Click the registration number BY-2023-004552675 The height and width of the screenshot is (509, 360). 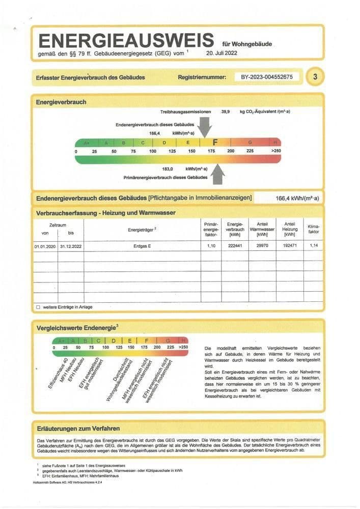pos(267,77)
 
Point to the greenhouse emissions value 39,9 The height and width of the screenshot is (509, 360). pos(226,111)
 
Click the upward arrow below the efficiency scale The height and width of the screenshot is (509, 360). pos(218,173)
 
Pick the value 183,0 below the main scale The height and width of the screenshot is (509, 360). pos(168,168)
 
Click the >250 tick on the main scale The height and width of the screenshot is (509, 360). pos(275,152)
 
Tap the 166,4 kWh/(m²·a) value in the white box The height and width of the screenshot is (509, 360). pos(297,199)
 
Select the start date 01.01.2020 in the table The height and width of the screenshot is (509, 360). pos(45,246)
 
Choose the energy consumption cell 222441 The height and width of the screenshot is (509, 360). pos(235,246)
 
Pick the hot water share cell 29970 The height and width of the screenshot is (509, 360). pos(262,246)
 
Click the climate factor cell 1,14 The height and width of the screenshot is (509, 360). pos(313,246)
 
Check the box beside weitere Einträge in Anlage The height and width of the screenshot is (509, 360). pos(38,307)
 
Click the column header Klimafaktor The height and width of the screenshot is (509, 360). pos(313,229)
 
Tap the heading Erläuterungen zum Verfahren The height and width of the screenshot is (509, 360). pos(78,428)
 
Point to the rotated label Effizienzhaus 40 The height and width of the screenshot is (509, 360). pos(58,374)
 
